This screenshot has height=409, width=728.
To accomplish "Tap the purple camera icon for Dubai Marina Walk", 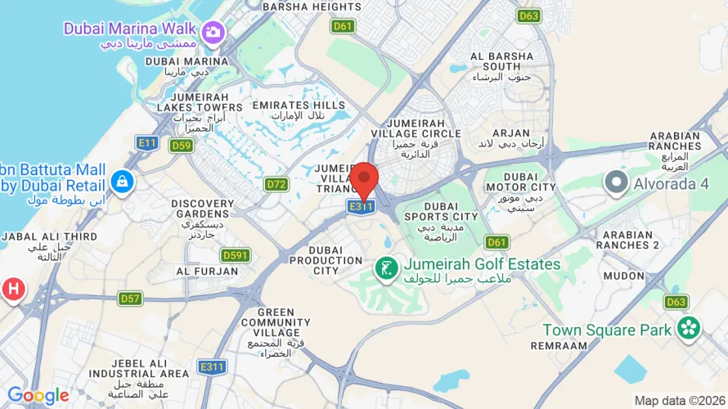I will tap(214, 33).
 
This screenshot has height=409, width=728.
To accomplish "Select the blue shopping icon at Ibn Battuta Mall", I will tap(122, 182).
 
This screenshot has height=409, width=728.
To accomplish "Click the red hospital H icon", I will tap(13, 289).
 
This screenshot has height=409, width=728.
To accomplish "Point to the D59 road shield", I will tap(182, 146).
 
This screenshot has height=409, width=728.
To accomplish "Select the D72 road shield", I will tap(276, 184).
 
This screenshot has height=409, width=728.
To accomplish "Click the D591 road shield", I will tap(235, 255).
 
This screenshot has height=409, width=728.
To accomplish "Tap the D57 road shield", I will tap(131, 299).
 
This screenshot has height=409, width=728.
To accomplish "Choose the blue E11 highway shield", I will tap(147, 143).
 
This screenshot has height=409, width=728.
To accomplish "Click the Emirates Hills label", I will tap(299, 110).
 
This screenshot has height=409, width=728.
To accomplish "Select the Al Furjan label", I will tap(200, 272).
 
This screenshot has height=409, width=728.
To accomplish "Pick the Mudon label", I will tap(624, 276).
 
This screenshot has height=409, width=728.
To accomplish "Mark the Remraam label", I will tap(559, 346).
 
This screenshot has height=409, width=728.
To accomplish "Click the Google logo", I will tap(38, 396).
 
